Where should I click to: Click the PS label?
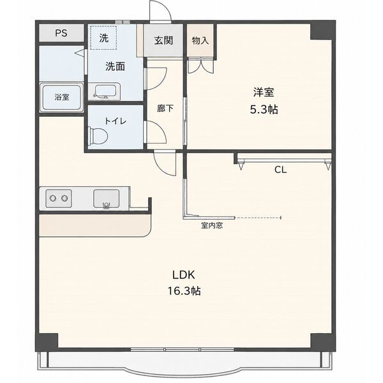tap(61, 33)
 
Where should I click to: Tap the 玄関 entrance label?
tap(163, 41)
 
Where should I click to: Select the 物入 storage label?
tap(200, 41)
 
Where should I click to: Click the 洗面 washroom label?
tap(116, 66)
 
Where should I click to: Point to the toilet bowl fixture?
tap(98, 135)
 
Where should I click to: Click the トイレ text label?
tap(116, 121)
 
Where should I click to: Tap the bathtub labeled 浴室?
tap(61, 98)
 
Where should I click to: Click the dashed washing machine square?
tap(103, 38)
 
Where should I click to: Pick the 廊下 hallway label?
tap(165, 109)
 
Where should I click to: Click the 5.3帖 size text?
tap(264, 109)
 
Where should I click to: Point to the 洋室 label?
tap(264, 92)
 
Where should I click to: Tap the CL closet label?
tap(280, 170)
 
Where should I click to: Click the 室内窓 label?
tap(212, 225)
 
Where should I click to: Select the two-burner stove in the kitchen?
tap(59, 199)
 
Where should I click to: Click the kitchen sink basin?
tap(106, 199)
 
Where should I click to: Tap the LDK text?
tap(184, 275)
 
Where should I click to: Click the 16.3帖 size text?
tap(184, 291)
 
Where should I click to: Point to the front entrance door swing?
tap(160, 11)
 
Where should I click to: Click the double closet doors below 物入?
tap(200, 66)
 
